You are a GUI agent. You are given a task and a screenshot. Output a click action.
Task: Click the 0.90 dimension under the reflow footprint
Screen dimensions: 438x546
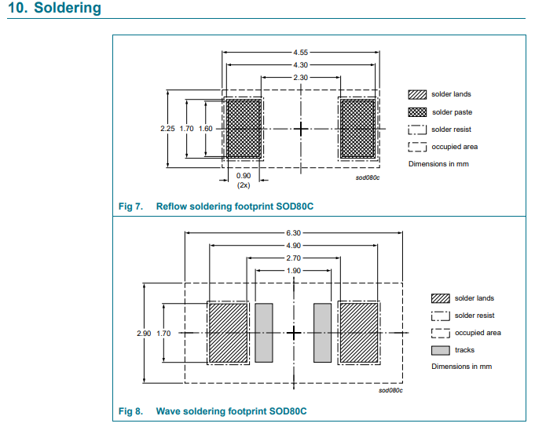(x=244, y=175)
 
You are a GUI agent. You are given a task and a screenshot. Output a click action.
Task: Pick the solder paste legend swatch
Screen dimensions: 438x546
(x=417, y=111)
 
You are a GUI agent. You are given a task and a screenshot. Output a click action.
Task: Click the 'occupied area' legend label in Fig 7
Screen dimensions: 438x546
(x=454, y=147)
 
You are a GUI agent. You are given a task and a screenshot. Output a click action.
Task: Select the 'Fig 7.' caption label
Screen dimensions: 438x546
(x=130, y=206)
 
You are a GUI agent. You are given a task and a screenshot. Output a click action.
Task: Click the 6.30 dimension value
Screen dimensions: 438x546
(x=294, y=232)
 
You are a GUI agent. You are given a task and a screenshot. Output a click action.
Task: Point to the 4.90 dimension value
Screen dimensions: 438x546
(x=294, y=245)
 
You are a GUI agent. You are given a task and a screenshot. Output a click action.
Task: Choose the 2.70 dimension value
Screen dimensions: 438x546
(x=294, y=257)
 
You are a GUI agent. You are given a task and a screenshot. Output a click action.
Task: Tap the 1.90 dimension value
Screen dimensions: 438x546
(x=294, y=270)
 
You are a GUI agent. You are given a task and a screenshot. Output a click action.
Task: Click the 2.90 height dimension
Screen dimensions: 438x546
(x=143, y=334)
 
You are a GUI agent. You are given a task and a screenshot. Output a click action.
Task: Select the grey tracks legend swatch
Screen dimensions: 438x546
(x=441, y=350)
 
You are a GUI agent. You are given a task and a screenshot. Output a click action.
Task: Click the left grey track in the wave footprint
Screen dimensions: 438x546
(x=263, y=333)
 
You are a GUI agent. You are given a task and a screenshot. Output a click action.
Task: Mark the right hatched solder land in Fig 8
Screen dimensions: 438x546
(x=357, y=333)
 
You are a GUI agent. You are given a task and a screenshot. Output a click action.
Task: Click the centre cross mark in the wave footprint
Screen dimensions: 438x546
(x=294, y=333)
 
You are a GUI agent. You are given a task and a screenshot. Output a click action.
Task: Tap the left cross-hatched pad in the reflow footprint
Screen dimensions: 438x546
(x=244, y=128)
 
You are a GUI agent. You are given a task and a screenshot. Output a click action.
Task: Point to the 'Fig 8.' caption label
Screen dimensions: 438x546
(x=130, y=411)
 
